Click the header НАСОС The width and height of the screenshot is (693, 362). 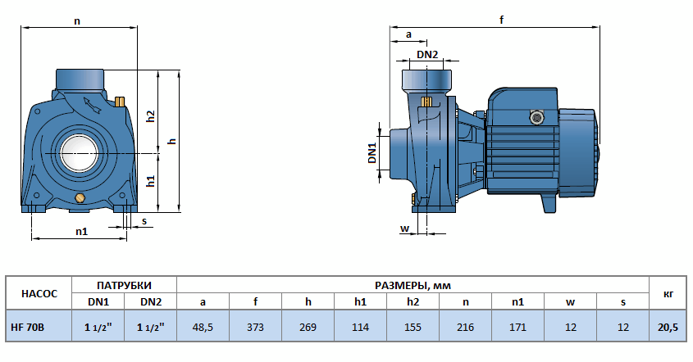[x=39, y=293]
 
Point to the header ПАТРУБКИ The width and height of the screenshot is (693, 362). [x=124, y=285]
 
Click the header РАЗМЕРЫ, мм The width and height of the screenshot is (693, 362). [x=413, y=285]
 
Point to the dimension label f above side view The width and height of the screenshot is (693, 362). [x=501, y=20]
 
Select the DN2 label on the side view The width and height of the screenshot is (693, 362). [x=427, y=54]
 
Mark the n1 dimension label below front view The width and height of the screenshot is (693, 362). [x=81, y=232]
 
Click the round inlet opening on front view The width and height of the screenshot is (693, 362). [x=79, y=153]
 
